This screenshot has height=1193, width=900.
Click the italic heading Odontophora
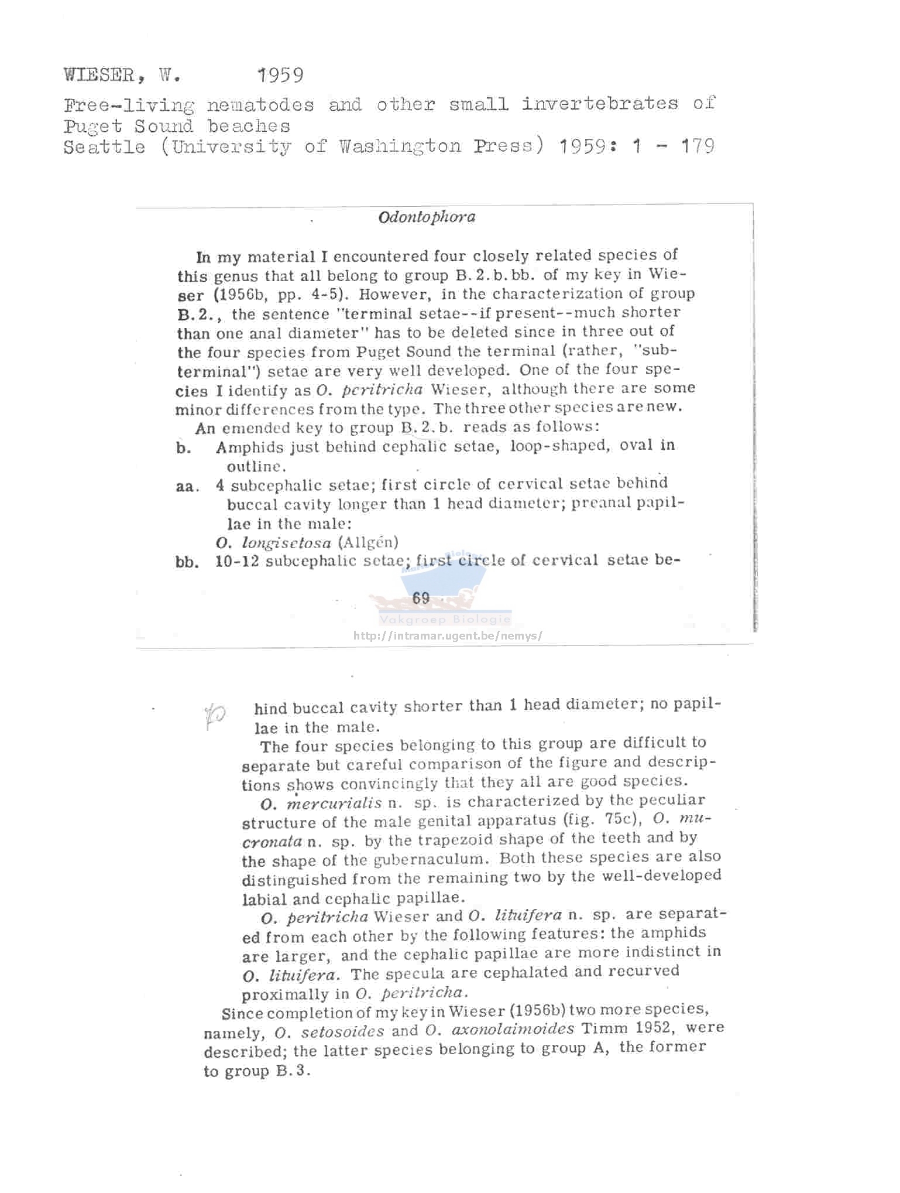click(427, 217)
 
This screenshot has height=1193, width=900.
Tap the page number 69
click(421, 598)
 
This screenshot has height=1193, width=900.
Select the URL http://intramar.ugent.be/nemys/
click(448, 635)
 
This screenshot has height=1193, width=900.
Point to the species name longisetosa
click(286, 543)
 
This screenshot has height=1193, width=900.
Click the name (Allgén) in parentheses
click(368, 542)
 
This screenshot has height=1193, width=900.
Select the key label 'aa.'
click(187, 487)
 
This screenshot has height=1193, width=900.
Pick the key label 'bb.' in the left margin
click(187, 562)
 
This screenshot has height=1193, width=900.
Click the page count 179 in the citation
click(697, 145)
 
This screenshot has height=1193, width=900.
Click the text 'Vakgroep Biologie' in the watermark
click(445, 620)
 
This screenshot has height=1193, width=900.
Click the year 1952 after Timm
click(654, 1028)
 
